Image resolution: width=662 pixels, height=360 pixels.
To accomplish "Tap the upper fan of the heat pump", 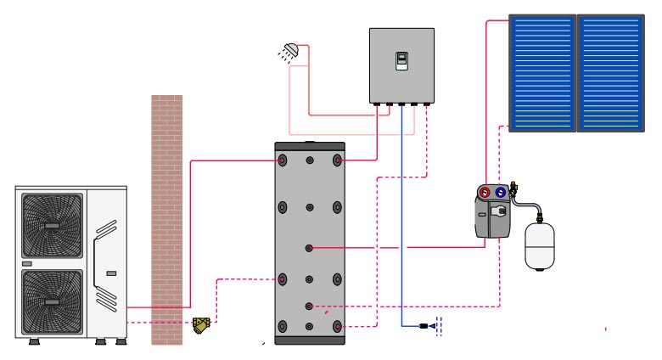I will [x=52, y=226].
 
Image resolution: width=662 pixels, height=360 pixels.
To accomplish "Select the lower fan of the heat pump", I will [x=52, y=300].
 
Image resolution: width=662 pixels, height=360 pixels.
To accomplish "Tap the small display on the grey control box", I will [x=401, y=60].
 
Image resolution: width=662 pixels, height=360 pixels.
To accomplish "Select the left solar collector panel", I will [x=542, y=72].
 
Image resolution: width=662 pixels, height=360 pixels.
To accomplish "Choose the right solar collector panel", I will [x=610, y=72].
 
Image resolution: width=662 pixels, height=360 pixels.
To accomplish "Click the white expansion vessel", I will [x=538, y=246].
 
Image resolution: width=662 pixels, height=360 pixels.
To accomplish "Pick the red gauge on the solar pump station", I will [x=484, y=192].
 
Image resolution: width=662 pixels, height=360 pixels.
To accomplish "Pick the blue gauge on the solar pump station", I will [x=500, y=192].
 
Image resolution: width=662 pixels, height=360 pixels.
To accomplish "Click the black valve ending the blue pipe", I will [x=424, y=325].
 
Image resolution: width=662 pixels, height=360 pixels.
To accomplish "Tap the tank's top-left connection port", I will [x=283, y=160].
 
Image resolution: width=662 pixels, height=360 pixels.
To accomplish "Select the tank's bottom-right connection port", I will [x=337, y=326].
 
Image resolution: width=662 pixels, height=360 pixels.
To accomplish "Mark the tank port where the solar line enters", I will [x=310, y=248].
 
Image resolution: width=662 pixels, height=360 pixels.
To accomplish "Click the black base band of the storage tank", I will [x=310, y=340].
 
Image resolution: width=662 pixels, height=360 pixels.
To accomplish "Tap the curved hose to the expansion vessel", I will [x=528, y=206].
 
